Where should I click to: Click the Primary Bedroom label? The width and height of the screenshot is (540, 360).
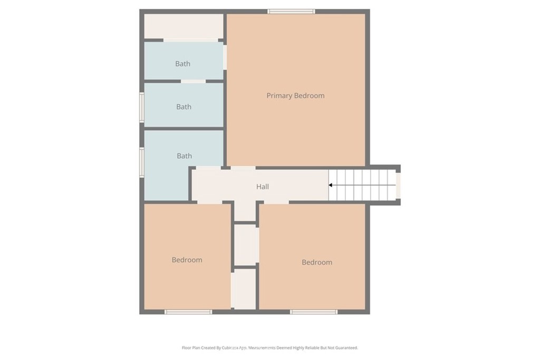click(x=295, y=95)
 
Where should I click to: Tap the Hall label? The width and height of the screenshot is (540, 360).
click(x=263, y=187)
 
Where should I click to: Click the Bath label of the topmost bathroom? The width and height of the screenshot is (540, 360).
click(x=183, y=64)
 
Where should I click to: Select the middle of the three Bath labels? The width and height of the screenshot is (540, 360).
click(x=184, y=106)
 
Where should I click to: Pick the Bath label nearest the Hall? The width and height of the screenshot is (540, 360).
click(x=184, y=155)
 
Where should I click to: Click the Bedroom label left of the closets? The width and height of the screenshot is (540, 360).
click(x=187, y=260)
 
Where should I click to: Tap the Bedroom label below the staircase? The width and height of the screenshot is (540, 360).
click(x=316, y=262)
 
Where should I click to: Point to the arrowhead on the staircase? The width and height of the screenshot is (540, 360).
click(x=331, y=185)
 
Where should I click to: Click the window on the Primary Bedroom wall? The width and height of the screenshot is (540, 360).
click(x=291, y=11)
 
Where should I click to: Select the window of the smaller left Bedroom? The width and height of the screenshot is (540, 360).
click(x=188, y=312)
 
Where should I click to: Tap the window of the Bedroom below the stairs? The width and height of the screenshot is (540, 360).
click(x=314, y=312)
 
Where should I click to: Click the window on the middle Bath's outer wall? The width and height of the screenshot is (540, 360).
click(x=141, y=108)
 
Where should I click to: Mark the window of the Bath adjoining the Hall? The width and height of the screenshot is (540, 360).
click(x=141, y=160)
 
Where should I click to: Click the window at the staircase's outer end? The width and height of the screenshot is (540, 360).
click(x=398, y=185)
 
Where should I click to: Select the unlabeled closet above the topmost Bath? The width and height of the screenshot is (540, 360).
click(x=184, y=26)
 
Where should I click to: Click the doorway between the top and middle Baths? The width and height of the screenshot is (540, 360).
click(x=193, y=81)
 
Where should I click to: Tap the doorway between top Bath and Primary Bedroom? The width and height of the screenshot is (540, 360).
click(x=225, y=57)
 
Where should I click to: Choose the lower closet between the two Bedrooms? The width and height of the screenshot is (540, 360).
click(x=244, y=289)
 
